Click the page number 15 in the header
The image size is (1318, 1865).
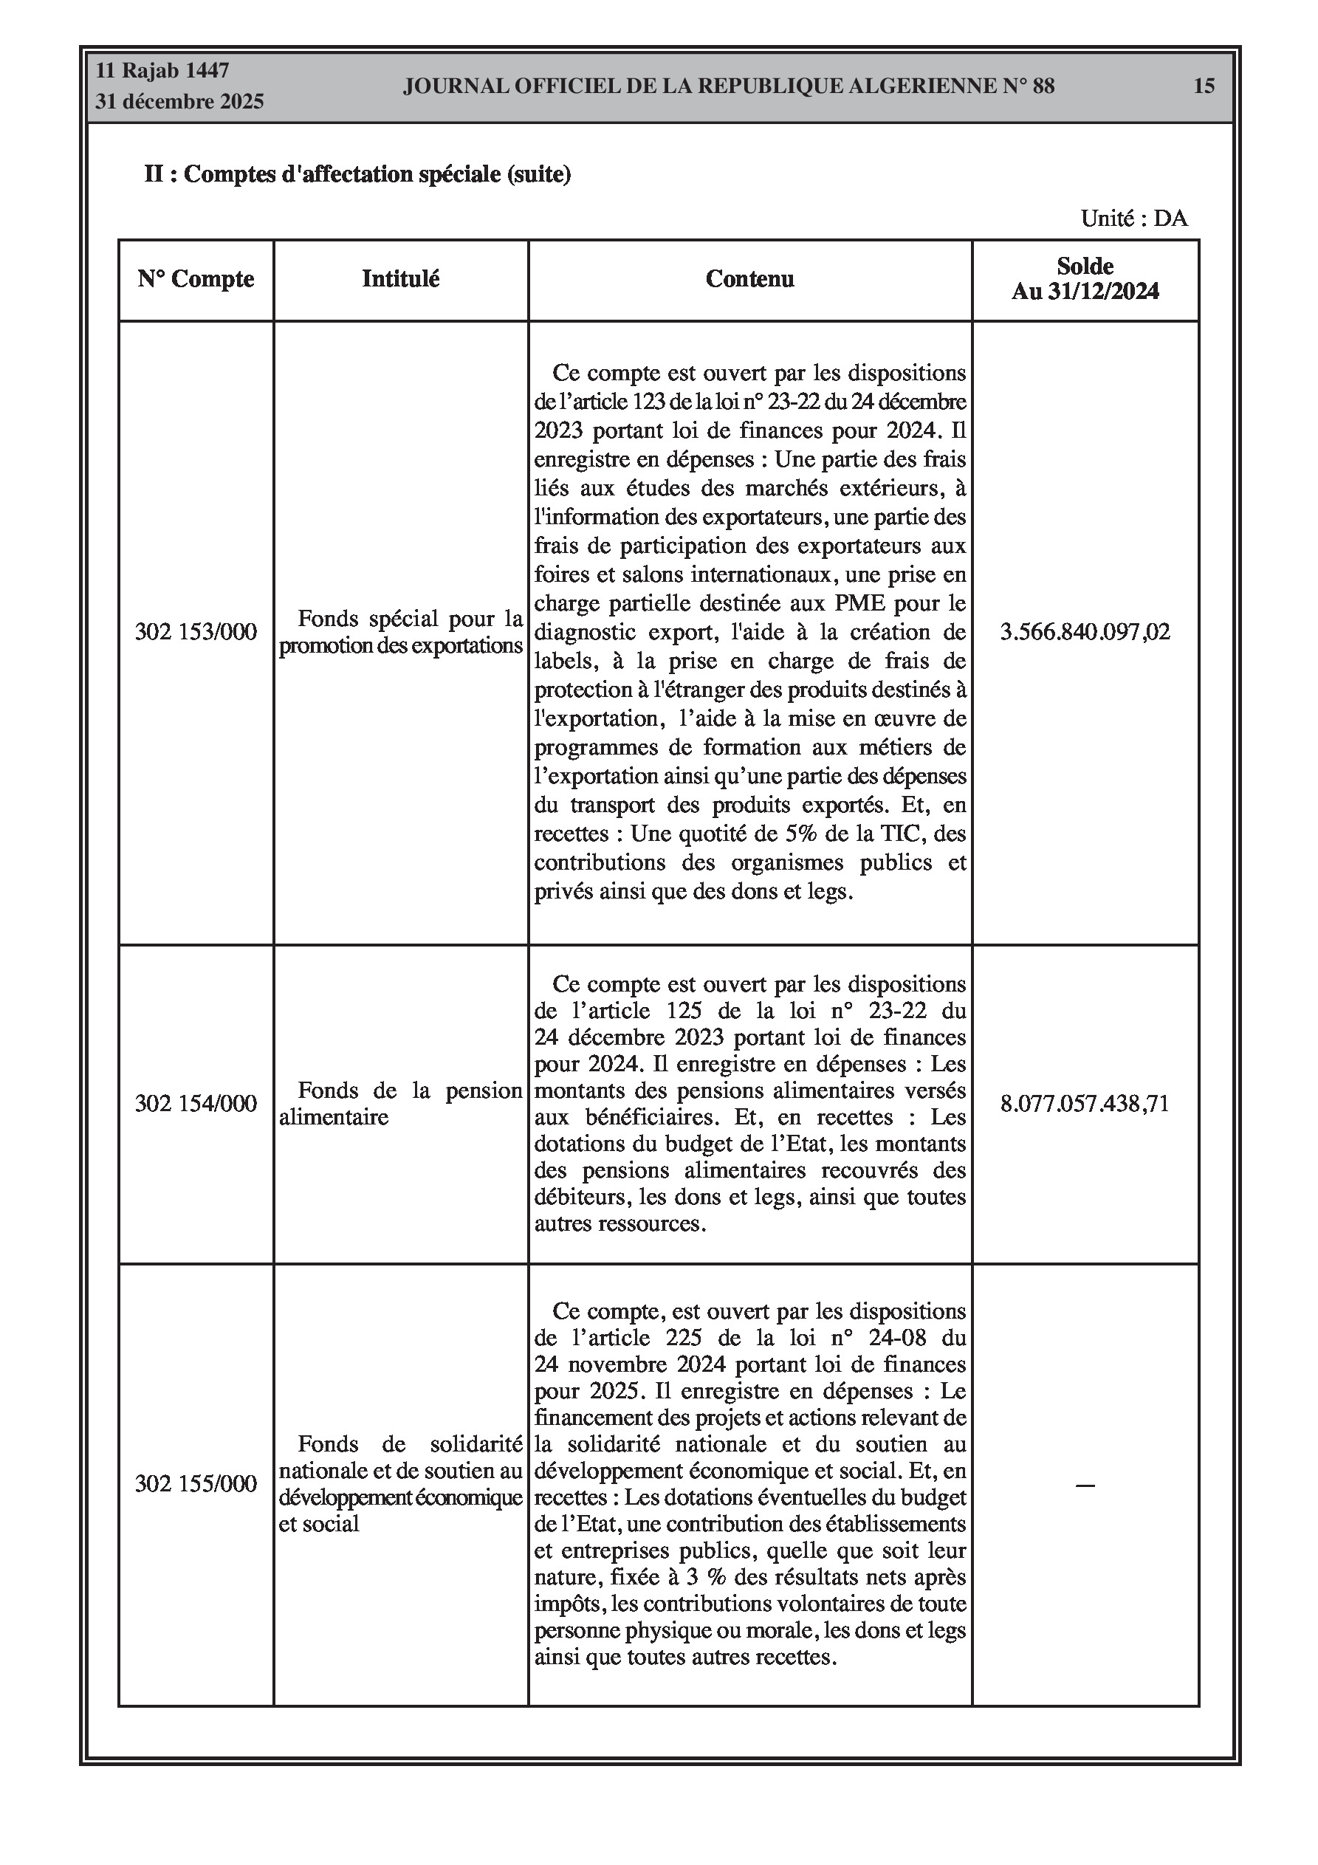pyautogui.click(x=1204, y=86)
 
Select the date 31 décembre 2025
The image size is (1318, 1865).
pyautogui.click(x=179, y=102)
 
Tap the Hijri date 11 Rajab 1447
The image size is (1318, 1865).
pyautogui.click(x=162, y=71)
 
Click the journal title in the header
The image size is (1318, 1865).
pyautogui.click(x=728, y=86)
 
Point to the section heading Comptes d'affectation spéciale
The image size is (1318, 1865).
pyautogui.click(x=357, y=174)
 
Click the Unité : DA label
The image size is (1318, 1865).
pyautogui.click(x=1133, y=219)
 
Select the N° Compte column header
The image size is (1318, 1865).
pyautogui.click(x=196, y=279)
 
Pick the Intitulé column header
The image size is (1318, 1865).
pyautogui.click(x=401, y=279)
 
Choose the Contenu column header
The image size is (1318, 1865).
pyautogui.click(x=749, y=279)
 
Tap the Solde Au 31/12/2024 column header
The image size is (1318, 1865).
pyautogui.click(x=1085, y=278)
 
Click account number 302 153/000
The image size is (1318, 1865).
pyautogui.click(x=196, y=632)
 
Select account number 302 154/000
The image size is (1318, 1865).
pyautogui.click(x=196, y=1103)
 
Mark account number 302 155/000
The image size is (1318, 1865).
pyautogui.click(x=196, y=1483)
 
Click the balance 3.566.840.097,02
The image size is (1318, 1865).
pyautogui.click(x=1085, y=632)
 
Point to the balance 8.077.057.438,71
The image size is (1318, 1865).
pyautogui.click(x=1085, y=1103)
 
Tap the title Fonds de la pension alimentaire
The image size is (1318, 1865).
pyautogui.click(x=401, y=1103)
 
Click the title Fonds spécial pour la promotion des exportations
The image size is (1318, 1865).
pyautogui.click(x=401, y=632)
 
